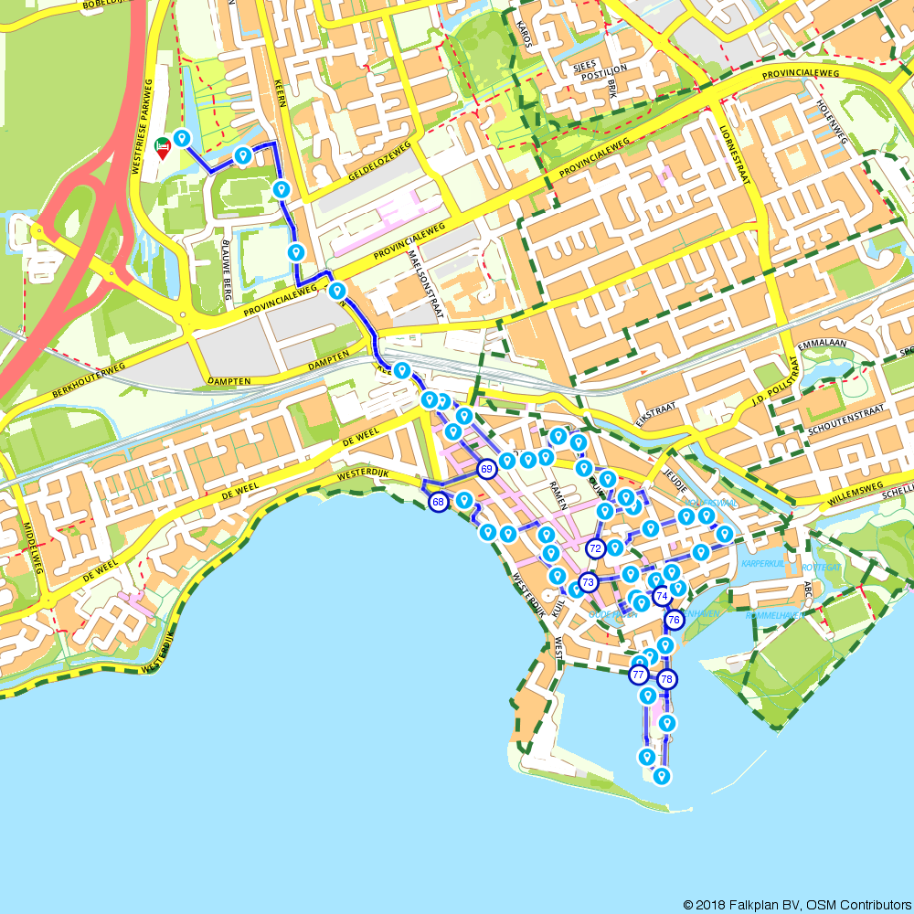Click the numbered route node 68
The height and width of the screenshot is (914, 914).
(x=439, y=502)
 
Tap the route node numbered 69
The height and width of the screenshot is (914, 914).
(x=486, y=469)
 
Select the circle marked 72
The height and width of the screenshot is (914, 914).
(x=596, y=548)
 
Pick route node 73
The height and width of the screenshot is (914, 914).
(x=588, y=581)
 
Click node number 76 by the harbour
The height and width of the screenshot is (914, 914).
(x=675, y=620)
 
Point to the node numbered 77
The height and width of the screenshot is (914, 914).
(x=639, y=675)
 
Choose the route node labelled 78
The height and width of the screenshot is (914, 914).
(x=667, y=679)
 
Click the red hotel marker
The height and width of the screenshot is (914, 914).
(x=163, y=147)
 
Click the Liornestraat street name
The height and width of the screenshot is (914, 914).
(x=733, y=152)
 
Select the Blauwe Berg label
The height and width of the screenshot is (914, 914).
(x=228, y=270)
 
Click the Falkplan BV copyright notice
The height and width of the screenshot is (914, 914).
(x=796, y=904)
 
